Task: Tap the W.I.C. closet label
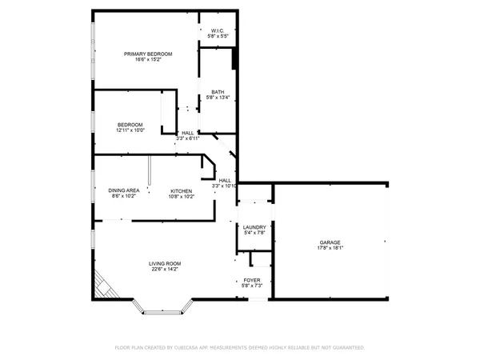[218, 31]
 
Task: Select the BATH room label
[218, 92]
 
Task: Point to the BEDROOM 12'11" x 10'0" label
[130, 124]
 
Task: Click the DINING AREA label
[124, 190]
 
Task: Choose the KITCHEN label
[181, 190]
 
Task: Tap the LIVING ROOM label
[165, 263]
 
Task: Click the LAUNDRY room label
[254, 227]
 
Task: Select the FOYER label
[252, 280]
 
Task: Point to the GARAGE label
[330, 242]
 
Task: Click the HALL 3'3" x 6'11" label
[187, 133]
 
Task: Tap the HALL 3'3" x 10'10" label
[226, 180]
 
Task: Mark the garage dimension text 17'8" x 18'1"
[330, 247]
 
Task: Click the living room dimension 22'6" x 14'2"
[165, 269]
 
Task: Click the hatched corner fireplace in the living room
[103, 284]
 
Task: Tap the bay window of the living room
[162, 307]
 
